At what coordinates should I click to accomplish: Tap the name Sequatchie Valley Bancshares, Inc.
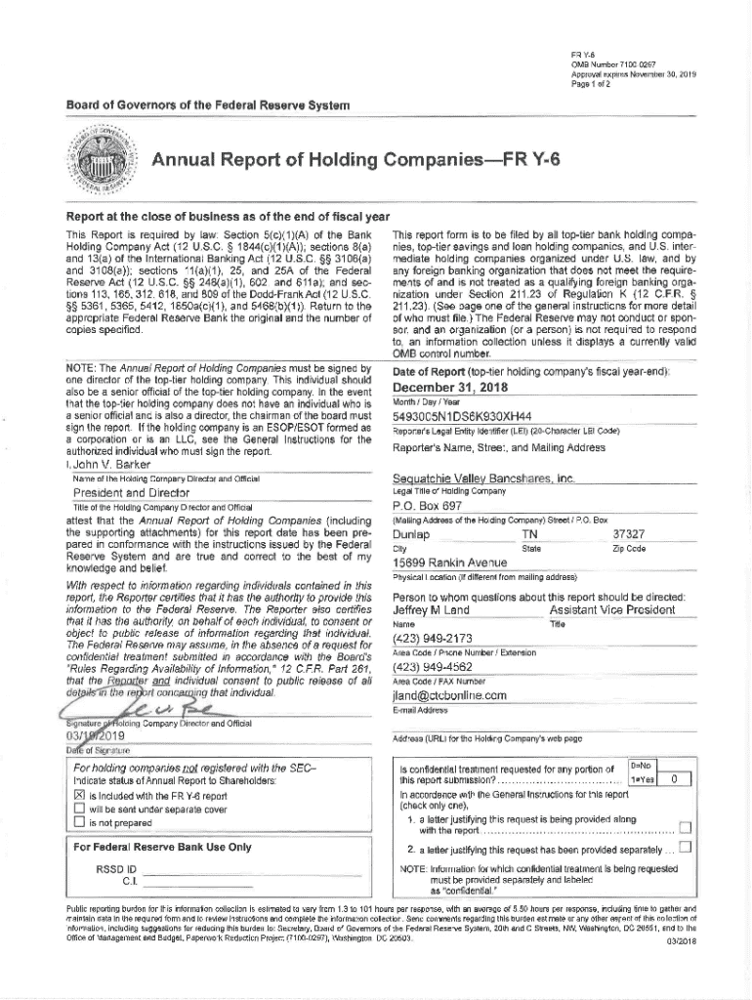[482, 479]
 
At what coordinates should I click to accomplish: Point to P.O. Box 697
[427, 507]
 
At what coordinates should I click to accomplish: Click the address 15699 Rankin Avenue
[449, 563]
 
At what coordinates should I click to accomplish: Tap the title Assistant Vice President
[611, 609]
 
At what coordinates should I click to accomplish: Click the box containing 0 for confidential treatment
[673, 777]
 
